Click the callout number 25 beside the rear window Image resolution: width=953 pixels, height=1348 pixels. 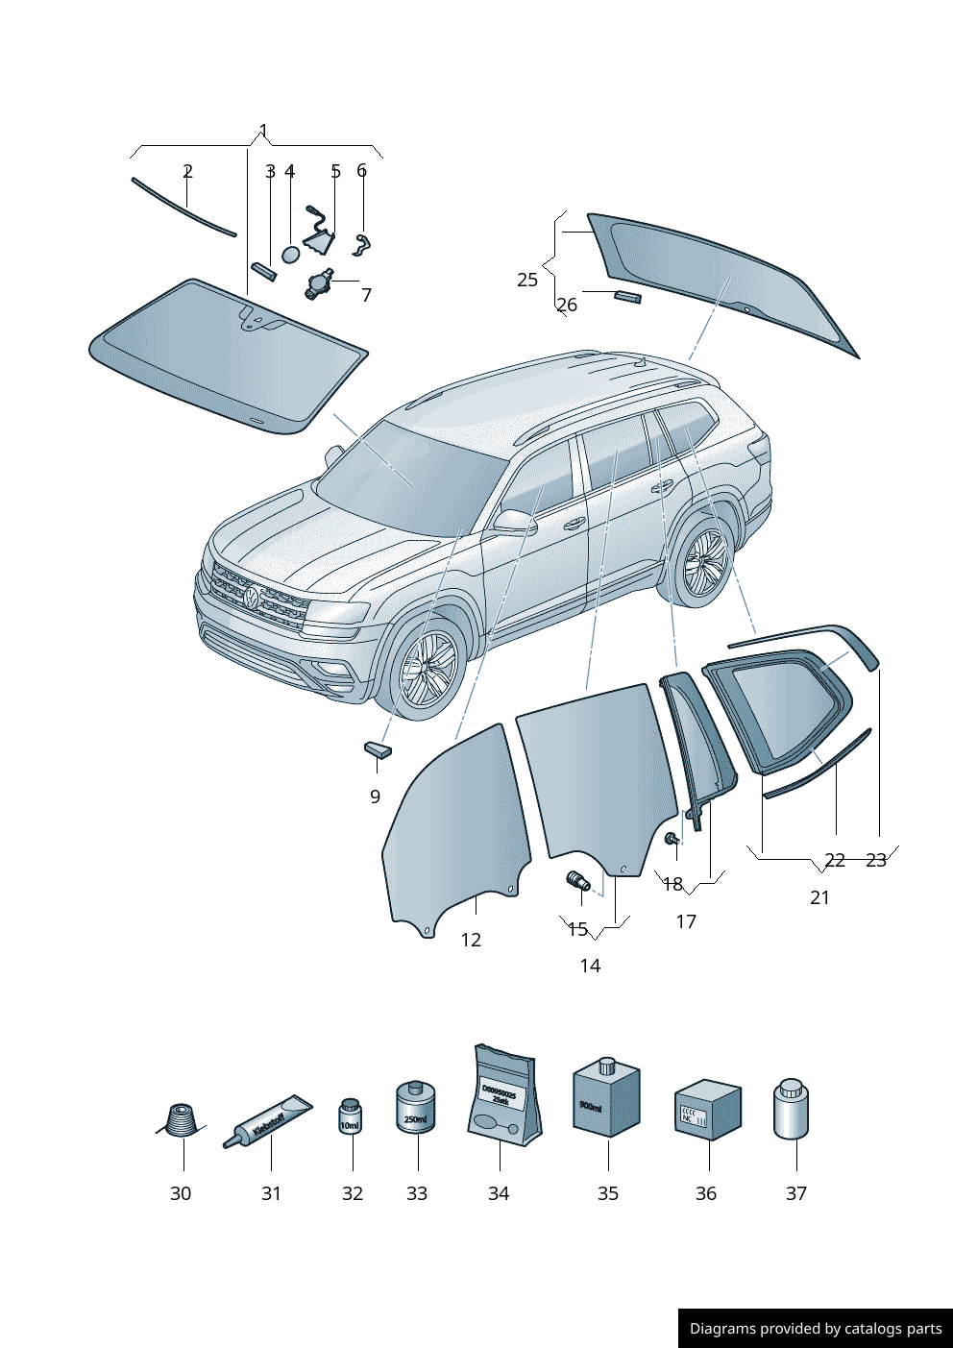click(527, 280)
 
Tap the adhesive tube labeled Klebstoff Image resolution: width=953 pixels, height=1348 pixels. click(268, 1122)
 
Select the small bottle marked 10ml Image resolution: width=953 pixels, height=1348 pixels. click(351, 1116)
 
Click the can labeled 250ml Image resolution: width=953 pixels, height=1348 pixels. click(416, 1108)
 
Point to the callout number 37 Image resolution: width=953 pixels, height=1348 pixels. click(795, 1193)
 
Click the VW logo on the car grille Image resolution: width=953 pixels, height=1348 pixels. click(252, 599)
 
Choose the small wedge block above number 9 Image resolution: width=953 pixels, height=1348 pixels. click(378, 749)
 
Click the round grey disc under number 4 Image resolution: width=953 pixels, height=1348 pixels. click(291, 255)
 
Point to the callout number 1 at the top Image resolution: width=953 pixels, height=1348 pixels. click(263, 132)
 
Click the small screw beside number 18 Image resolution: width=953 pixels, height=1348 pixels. click(672, 841)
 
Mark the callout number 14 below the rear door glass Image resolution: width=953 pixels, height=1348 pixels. click(590, 966)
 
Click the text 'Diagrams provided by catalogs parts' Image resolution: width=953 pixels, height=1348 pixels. click(816, 1329)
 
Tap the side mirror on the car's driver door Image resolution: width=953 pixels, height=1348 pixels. click(514, 522)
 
